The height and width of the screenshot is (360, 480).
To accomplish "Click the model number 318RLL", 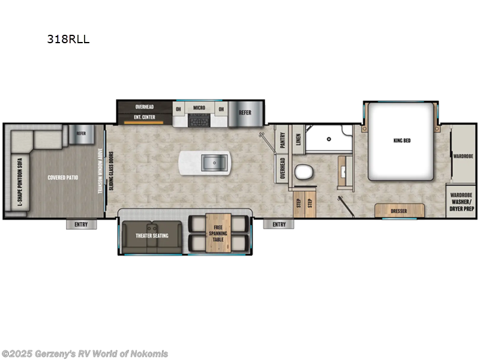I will pyautogui.click(x=68, y=40).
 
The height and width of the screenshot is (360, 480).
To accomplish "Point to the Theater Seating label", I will pyautogui.click(x=152, y=235).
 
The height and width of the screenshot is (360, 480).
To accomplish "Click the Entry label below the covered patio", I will pyautogui.click(x=81, y=224).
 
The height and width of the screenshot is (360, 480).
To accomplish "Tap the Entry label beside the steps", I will pyautogui.click(x=278, y=224).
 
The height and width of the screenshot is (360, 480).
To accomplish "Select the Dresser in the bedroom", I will pyautogui.click(x=399, y=211).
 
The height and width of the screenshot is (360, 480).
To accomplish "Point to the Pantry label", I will pyautogui.click(x=282, y=140).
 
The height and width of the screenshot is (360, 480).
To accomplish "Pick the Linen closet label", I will pyautogui.click(x=298, y=140).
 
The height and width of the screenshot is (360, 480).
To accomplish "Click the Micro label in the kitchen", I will pyautogui.click(x=199, y=109).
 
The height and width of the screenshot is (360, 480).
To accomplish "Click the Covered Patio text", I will pyautogui.click(x=62, y=178).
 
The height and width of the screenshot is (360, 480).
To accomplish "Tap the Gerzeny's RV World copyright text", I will pyautogui.click(x=85, y=353).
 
